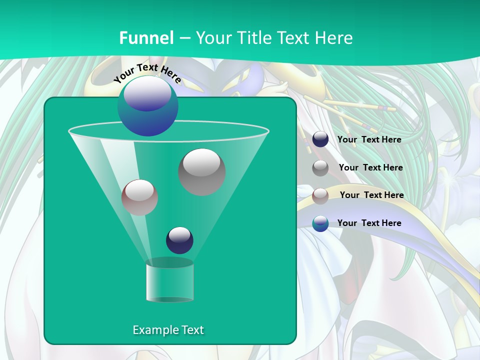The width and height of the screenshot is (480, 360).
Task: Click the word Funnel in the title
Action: pyautogui.click(x=146, y=38)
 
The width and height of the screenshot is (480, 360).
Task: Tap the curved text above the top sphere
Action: pyautogui.click(x=147, y=73)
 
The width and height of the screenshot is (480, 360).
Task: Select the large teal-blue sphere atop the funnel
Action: pyautogui.click(x=147, y=106)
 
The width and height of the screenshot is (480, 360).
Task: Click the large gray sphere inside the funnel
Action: pyautogui.click(x=201, y=172)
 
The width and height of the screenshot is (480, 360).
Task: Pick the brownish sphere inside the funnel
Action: pyautogui.click(x=139, y=197)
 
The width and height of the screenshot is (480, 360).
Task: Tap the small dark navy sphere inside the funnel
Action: pyautogui.click(x=179, y=240)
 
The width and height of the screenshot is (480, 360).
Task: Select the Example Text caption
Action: pyautogui.click(x=168, y=330)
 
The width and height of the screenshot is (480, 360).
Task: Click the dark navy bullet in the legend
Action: pyautogui.click(x=320, y=139)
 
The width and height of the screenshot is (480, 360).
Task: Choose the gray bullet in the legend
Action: pyautogui.click(x=320, y=168)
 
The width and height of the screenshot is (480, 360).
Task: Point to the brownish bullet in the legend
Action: pyautogui.click(x=320, y=196)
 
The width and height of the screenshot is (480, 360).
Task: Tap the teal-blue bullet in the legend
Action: pyautogui.click(x=320, y=223)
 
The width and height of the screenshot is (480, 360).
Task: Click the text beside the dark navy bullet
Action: pyautogui.click(x=369, y=140)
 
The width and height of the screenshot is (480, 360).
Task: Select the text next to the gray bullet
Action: pyautogui.click(x=370, y=168)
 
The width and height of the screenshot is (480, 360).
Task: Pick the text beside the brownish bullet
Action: pyautogui.click(x=371, y=195)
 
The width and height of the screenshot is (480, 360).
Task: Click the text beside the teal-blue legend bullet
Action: pyautogui.click(x=369, y=223)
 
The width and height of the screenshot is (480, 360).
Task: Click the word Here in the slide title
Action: pyautogui.click(x=334, y=38)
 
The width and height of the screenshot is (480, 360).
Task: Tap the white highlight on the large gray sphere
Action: pyautogui.click(x=201, y=163)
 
